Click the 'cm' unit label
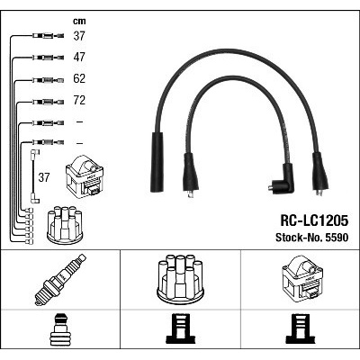(79, 22)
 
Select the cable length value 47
(79, 57)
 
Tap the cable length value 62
(79, 78)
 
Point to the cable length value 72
(79, 100)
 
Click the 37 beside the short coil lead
(44, 177)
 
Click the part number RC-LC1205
(314, 220)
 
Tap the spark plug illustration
(60, 279)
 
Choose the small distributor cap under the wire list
(65, 225)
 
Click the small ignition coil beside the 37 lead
(85, 175)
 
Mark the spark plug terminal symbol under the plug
(60, 329)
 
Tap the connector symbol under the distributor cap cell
(181, 328)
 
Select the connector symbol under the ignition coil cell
(301, 328)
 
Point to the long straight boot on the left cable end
(157, 162)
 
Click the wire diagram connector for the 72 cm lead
(48, 102)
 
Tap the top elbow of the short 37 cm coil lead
(35, 153)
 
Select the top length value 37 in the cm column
(79, 36)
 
